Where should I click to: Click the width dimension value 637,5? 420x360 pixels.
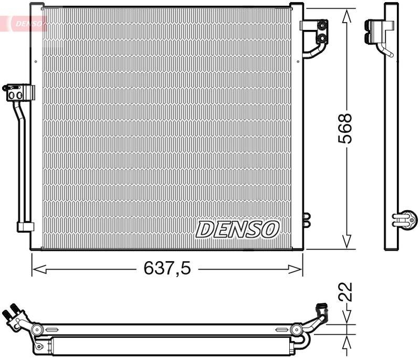tap(167, 270)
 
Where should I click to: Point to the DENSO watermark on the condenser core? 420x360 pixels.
tap(238, 229)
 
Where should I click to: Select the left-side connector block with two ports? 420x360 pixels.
tap(17, 92)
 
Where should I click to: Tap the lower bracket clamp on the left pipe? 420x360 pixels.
tap(25, 227)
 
